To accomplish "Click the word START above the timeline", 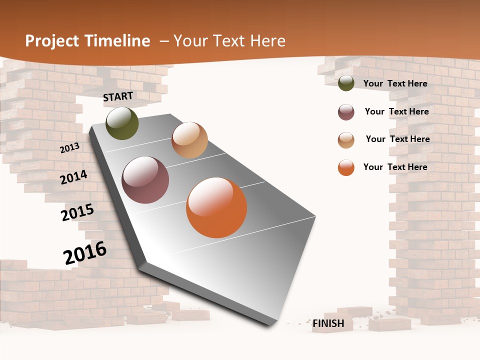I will click(x=118, y=96).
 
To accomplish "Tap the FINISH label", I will click(x=328, y=323).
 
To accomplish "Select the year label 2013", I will click(x=70, y=147).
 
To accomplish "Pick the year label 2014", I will click(x=74, y=177).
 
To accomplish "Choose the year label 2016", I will click(x=85, y=253).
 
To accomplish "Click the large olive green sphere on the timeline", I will click(x=122, y=123).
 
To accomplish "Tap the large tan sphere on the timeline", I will click(x=189, y=140).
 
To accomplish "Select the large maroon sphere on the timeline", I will click(x=145, y=180).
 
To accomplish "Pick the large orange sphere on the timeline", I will click(x=216, y=207).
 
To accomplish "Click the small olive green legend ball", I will click(x=346, y=83).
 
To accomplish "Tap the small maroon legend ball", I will click(x=346, y=112).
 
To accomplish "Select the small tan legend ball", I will click(x=346, y=140).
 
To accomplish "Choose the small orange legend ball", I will click(x=346, y=167).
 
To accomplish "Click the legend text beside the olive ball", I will click(x=395, y=83).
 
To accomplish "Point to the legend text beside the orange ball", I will click(x=395, y=167).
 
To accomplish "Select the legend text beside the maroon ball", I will click(x=397, y=111).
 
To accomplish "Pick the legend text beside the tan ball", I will click(x=398, y=139).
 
